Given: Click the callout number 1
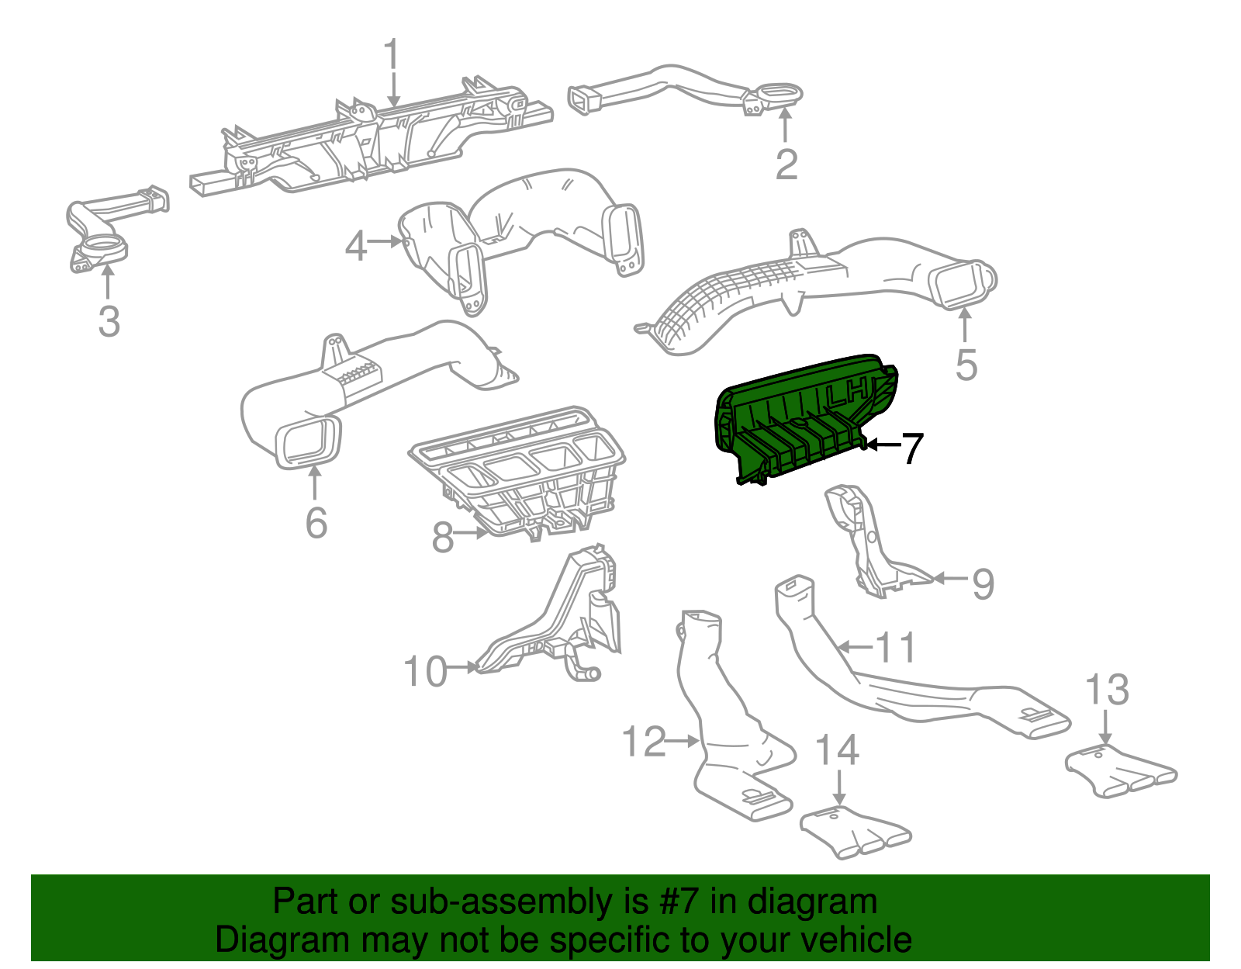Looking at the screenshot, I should (392, 56).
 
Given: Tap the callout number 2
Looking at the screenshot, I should (786, 164).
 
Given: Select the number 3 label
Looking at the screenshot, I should (109, 320).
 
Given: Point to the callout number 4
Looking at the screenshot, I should (355, 247).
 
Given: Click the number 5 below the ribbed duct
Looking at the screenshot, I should (966, 364).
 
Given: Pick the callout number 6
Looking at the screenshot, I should (316, 522).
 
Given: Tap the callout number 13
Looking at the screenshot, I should (1106, 689).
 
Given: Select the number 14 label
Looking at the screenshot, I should (838, 749).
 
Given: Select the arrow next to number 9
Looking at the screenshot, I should (950, 578).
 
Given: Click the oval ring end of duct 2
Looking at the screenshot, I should (779, 93).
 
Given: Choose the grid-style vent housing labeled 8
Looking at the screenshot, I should (520, 473).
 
